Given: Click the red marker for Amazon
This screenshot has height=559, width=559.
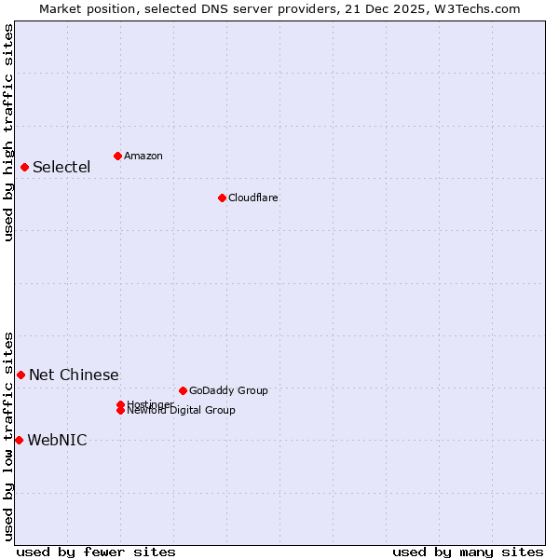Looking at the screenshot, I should pos(117,156).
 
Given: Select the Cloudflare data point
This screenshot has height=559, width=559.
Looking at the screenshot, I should pos(222,198).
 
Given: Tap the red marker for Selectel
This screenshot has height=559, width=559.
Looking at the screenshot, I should pos(24,167).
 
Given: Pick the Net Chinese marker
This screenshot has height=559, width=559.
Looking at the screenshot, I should pos(20,375).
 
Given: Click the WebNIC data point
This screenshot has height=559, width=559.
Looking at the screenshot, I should pos(19,440).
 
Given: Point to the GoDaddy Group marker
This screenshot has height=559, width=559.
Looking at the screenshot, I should pos(183,390).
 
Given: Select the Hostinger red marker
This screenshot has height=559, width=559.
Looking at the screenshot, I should pos(120,404).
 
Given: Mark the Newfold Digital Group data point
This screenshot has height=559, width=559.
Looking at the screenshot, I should pos(120,411).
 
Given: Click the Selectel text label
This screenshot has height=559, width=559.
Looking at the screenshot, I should pos(61,168).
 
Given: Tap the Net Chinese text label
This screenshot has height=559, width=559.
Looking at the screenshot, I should pos(74,375).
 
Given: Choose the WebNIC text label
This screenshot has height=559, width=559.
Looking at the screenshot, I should pos(57,441).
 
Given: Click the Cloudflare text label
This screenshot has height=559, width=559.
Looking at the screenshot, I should pos(253,198).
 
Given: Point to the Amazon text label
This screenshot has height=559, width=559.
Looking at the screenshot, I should pos(143,157).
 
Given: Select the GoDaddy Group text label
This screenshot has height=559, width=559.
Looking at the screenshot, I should pos(228,391).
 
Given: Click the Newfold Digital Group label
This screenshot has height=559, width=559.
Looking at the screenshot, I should pos(182,411).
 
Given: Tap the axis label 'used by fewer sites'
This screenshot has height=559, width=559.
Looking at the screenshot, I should pos(96,552).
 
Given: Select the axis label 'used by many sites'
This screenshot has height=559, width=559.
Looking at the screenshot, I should pos(468,552).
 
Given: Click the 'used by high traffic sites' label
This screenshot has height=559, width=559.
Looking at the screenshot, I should pos(8,132).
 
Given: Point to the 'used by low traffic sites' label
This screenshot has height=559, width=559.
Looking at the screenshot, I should pos(8,436).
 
